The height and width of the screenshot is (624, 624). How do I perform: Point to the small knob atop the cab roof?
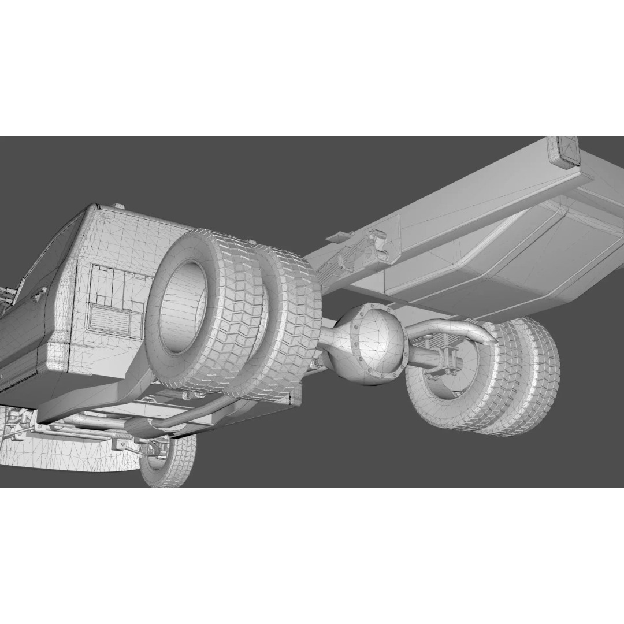tap(118, 206)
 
